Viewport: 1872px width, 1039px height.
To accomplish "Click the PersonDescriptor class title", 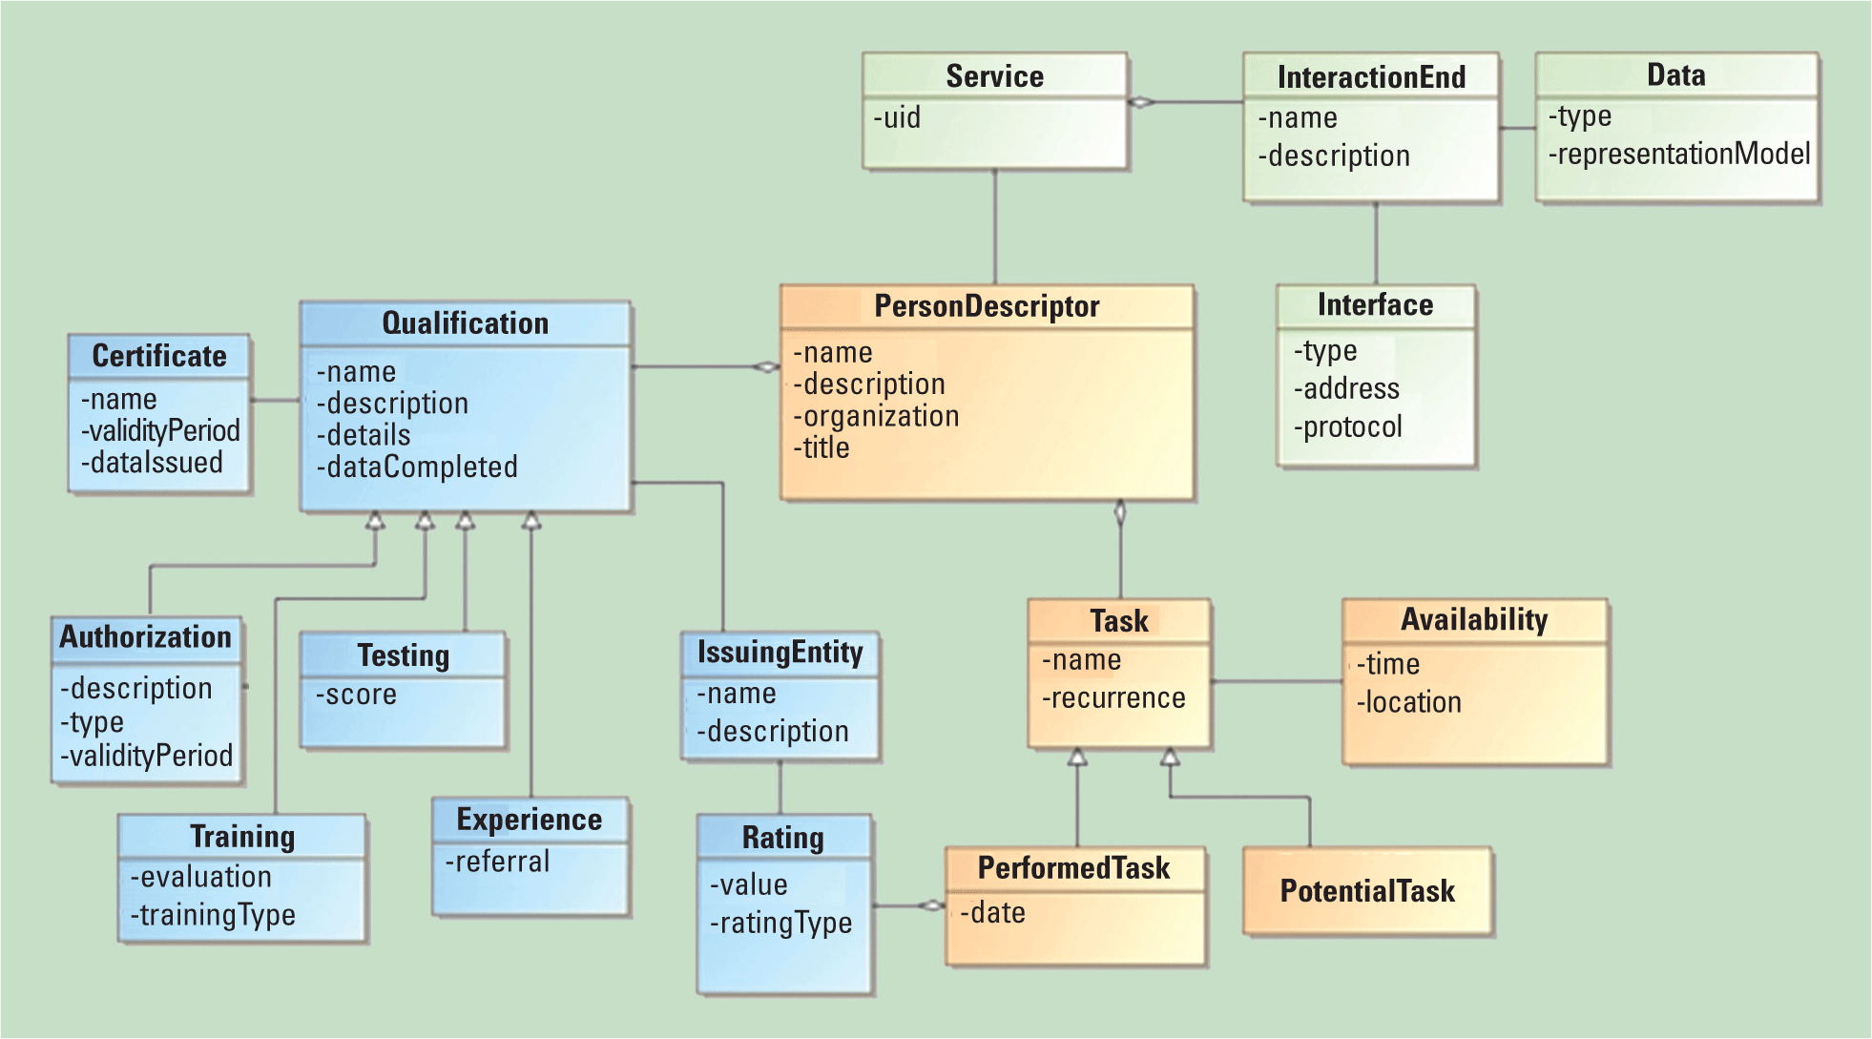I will (987, 306).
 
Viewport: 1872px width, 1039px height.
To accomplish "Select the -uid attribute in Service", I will (897, 118).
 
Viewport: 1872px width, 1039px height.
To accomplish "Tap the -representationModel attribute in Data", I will (1678, 154).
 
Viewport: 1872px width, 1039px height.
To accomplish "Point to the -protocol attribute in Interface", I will (1347, 426).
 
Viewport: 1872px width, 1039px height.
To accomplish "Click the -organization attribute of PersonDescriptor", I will (876, 416).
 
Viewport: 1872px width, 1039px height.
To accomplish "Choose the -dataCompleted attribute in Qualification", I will (417, 467).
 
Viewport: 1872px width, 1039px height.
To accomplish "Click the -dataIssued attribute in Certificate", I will (152, 463).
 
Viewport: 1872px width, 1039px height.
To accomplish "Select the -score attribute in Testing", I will (356, 695).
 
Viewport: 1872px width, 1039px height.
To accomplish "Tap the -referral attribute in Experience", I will (497, 862).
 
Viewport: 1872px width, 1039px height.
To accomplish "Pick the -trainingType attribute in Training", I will (213, 915).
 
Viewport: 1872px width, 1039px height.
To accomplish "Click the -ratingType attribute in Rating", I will (780, 923).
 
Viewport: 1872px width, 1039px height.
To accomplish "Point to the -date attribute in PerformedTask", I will (992, 913).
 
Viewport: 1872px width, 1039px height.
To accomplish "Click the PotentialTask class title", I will (1366, 891).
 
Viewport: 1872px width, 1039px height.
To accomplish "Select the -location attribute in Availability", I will (1408, 702).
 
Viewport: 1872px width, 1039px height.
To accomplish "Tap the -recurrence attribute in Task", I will (1113, 698).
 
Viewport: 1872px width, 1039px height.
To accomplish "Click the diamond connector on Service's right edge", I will (1141, 102).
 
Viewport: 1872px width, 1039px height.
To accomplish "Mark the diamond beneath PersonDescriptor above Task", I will (1120, 513).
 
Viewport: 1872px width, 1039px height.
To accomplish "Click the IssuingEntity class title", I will (780, 653).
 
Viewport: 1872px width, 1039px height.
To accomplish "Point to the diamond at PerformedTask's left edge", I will (931, 905).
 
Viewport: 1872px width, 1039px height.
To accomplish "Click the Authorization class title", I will (145, 637).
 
